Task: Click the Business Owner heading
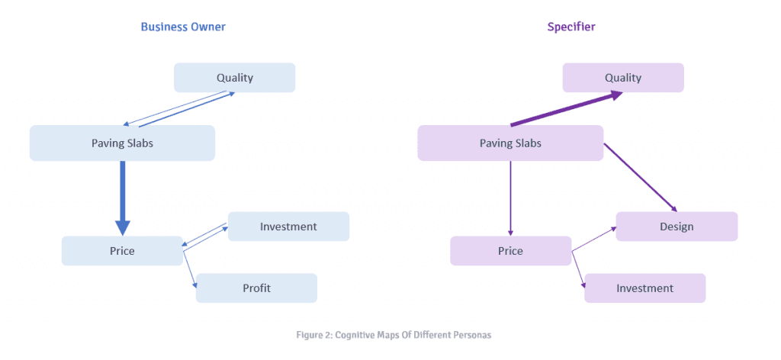[183, 27]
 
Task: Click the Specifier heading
[571, 27]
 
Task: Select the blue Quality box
[234, 78]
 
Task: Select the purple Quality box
[623, 78]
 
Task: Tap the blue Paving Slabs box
[122, 143]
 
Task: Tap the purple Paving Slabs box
[510, 143]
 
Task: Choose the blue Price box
[122, 251]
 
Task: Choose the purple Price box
[510, 251]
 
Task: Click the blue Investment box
[288, 227]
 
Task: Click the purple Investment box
[644, 288]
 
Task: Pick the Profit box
[256, 288]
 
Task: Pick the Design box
[677, 227]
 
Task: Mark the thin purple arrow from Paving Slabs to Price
[510, 198]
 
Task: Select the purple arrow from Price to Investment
[578, 269]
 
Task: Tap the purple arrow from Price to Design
[595, 238]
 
